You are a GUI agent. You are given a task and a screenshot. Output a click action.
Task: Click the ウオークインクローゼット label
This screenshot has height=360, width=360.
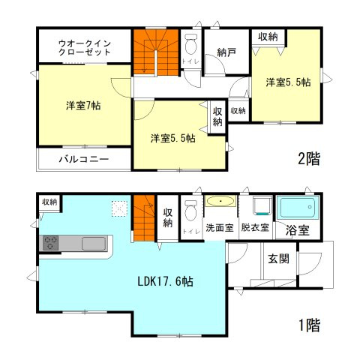pyautogui.click(x=85, y=47)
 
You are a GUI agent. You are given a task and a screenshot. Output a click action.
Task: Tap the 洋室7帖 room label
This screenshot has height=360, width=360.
pyautogui.click(x=82, y=106)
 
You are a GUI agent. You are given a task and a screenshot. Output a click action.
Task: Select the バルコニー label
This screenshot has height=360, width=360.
pyautogui.click(x=84, y=159)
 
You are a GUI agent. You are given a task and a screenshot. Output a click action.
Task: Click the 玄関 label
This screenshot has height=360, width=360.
pyautogui.click(x=278, y=259)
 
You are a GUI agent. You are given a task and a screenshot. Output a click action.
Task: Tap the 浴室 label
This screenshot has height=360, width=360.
pyautogui.click(x=298, y=230)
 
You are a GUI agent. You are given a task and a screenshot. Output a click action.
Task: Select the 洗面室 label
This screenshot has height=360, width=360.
pyautogui.click(x=220, y=227)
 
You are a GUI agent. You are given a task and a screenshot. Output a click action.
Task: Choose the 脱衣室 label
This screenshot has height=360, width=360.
pyautogui.click(x=255, y=227)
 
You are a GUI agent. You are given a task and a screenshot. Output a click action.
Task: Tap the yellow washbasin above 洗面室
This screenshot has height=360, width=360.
pyautogui.click(x=220, y=201)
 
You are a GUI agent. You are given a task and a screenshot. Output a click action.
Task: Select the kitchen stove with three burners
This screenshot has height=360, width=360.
pyautogui.click(x=51, y=242)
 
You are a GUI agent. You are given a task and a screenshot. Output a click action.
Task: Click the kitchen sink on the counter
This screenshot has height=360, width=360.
pyautogui.click(x=95, y=243)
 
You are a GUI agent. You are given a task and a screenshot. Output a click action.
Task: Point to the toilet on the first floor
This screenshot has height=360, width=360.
pyautogui.click(x=190, y=209)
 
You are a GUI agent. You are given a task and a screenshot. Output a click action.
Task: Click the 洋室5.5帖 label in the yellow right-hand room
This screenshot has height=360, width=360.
pyautogui.click(x=287, y=83)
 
